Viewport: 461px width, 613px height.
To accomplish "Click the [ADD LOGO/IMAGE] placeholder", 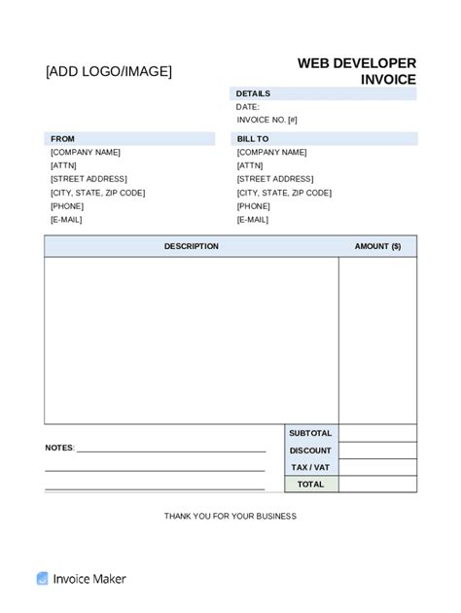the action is click(108, 71).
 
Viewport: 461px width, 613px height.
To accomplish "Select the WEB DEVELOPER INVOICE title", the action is click(356, 71).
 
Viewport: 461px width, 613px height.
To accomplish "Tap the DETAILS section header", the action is click(253, 93).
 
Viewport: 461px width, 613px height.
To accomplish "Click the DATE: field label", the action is click(248, 107).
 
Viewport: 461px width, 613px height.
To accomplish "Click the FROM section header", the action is click(62, 139).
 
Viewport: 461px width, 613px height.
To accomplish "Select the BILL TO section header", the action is click(253, 139).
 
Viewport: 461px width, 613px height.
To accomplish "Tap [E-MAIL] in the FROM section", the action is click(66, 220).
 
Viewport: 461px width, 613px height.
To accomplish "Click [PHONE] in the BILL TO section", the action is click(253, 206).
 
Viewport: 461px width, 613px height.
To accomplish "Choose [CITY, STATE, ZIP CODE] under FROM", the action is click(97, 193).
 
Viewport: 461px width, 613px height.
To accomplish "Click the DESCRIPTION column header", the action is click(191, 246).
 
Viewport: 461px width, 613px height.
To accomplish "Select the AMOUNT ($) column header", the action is click(377, 246).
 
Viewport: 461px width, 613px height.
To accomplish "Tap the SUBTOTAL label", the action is click(310, 433).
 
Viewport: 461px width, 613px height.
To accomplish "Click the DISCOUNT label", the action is click(310, 451).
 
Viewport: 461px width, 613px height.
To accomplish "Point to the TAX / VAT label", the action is click(310, 467).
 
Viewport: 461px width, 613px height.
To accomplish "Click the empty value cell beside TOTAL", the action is click(377, 484).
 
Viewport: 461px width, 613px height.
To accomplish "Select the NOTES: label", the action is click(59, 448).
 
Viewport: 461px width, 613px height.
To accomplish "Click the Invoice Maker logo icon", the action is click(42, 579).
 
